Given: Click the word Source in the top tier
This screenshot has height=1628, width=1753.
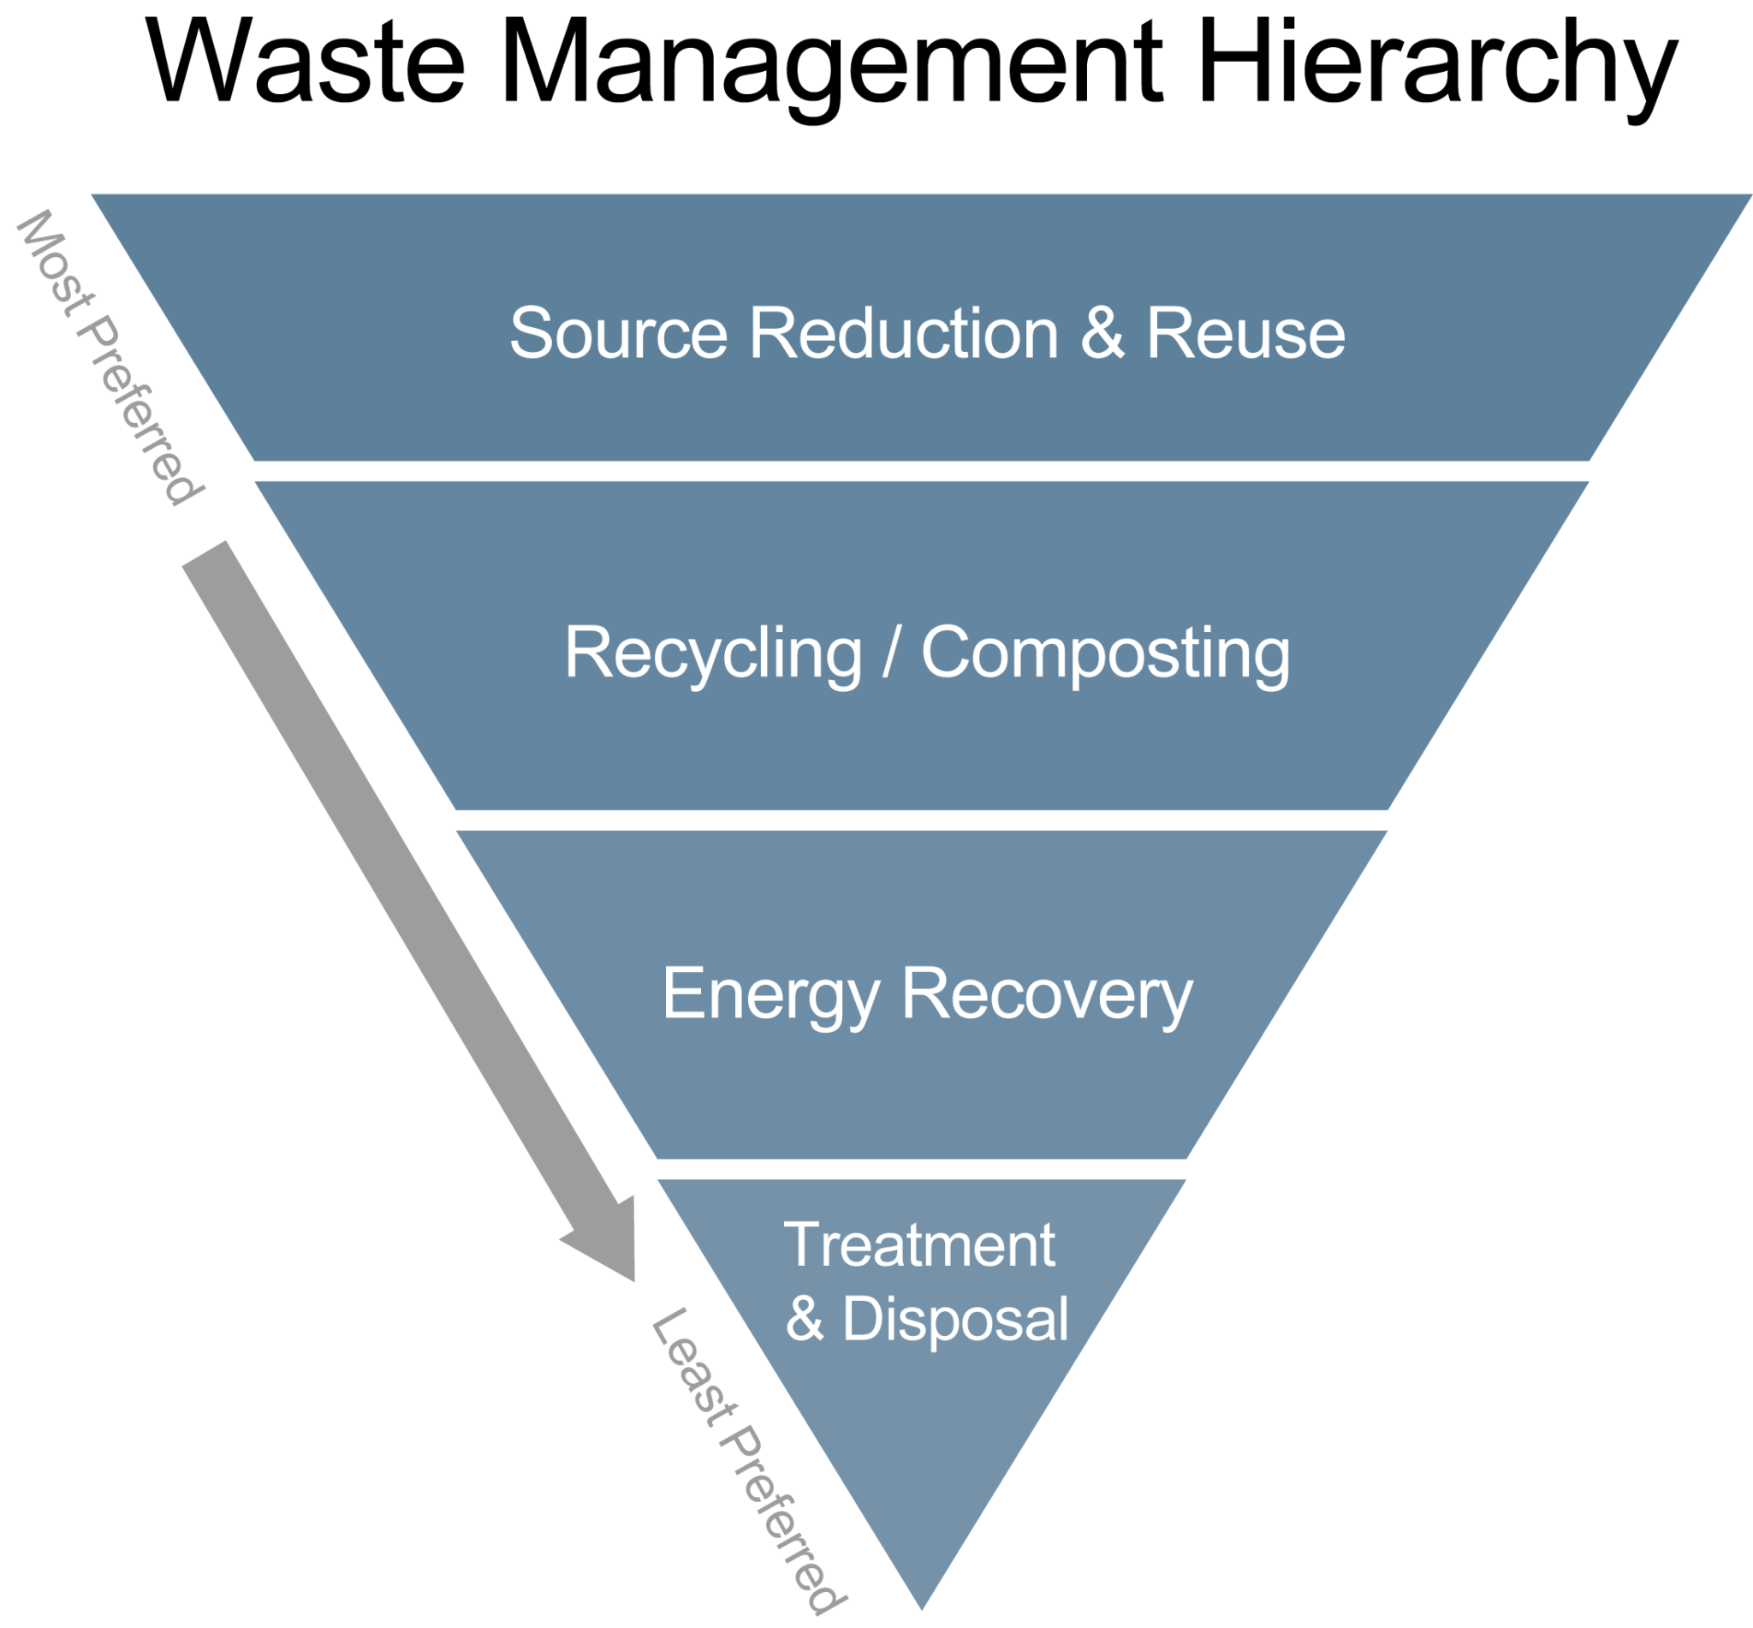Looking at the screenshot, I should (618, 334).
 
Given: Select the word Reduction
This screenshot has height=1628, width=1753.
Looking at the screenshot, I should (903, 334).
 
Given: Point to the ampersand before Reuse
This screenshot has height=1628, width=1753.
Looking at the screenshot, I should (1102, 334).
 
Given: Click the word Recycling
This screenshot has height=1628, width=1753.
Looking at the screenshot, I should (713, 653).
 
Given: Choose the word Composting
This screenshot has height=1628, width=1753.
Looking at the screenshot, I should (1106, 653).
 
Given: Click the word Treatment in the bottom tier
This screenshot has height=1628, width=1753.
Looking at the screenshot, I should (919, 1246).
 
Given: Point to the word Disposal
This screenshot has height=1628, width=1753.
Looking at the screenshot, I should (955, 1320).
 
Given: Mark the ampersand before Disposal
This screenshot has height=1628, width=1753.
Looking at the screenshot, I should (805, 1320).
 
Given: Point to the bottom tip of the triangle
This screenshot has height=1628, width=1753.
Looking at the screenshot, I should (921, 1608).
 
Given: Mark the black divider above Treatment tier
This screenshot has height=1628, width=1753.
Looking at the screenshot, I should (921, 1170).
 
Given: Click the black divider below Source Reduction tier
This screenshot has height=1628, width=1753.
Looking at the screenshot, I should (921, 470).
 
